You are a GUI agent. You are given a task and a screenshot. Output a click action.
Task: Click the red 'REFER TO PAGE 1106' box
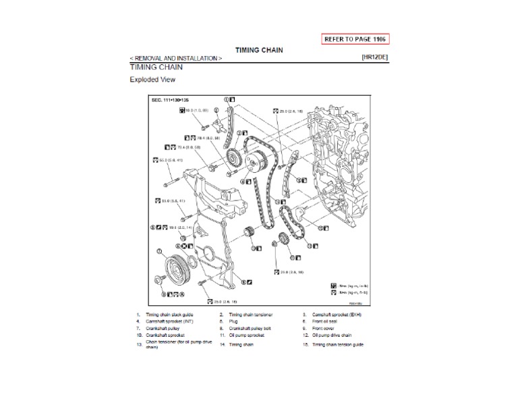(356, 38)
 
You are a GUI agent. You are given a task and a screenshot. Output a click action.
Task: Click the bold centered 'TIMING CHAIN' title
(258, 50)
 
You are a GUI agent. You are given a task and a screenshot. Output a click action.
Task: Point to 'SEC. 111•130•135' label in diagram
(171, 99)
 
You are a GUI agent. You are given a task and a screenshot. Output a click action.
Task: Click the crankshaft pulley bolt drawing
(161, 279)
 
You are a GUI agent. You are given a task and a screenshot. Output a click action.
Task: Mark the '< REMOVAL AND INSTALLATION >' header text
(175, 59)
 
